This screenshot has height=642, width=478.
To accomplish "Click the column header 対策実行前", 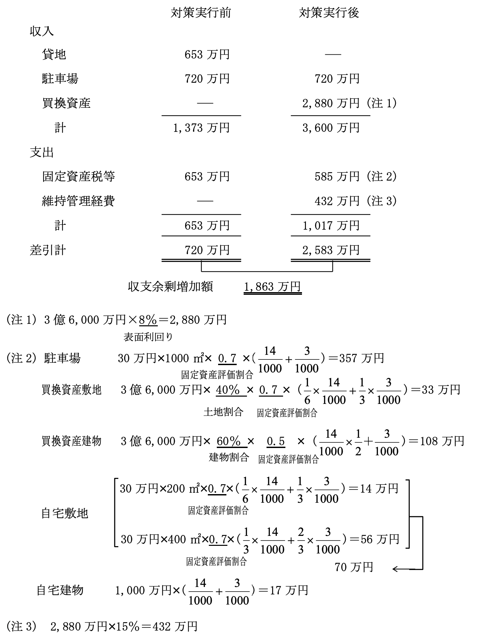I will pos(201,13).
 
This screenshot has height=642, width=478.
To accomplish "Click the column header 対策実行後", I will pos(329,13).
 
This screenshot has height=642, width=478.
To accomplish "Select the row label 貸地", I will pos(54,54).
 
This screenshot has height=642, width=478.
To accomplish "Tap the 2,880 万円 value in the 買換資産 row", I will pos(330,103).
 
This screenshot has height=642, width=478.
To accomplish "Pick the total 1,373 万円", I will pos(201,128).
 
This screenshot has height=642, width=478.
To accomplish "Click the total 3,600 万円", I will pos(330,128).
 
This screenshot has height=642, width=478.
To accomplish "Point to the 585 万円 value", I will pos(337,176).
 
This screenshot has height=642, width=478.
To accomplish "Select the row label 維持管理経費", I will pos(78,201).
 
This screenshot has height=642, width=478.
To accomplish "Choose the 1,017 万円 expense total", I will pos(330,226).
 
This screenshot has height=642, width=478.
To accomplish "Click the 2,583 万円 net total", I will pos(330,250).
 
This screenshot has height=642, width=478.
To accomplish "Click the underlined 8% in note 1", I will pos(148,320).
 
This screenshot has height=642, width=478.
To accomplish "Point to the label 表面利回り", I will pos(148,337).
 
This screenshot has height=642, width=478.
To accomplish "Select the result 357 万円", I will pos(362,358).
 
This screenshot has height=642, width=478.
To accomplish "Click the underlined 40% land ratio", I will pos(228,390).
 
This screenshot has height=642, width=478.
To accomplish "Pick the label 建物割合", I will pos(229,457).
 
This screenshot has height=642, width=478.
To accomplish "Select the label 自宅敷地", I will pos(65,513).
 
